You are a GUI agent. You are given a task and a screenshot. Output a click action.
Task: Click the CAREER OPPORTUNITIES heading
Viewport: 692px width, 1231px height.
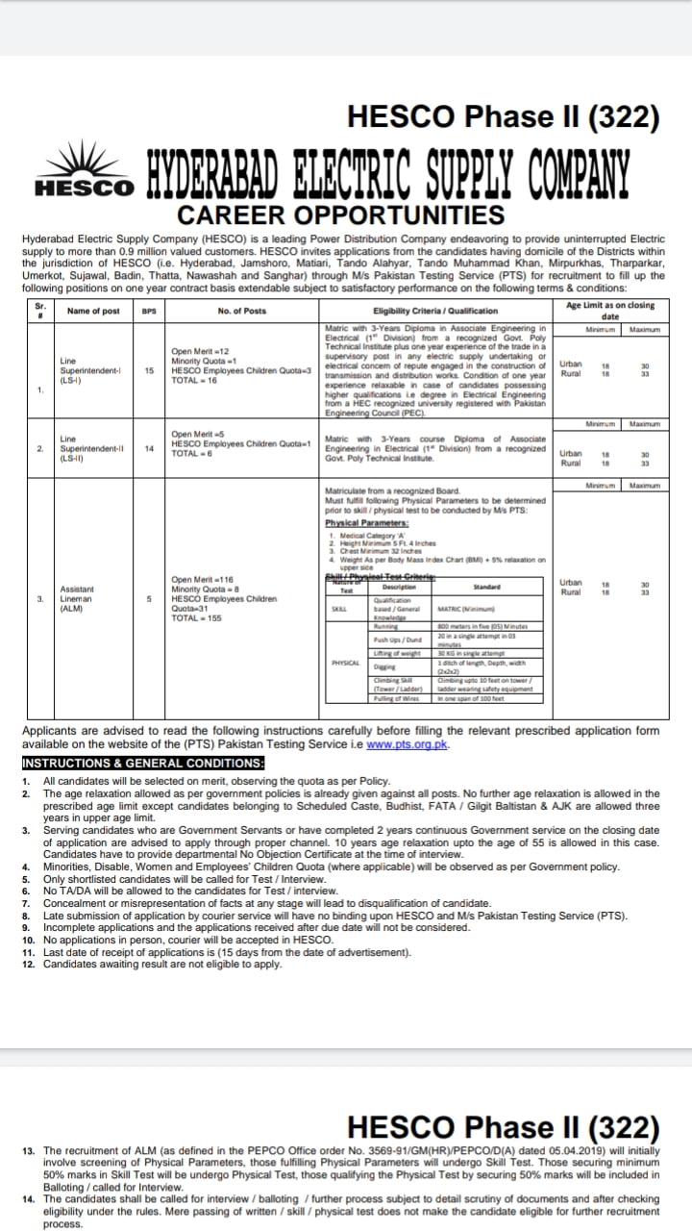click(341, 214)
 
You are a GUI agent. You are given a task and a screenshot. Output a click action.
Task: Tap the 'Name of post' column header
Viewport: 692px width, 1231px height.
click(93, 311)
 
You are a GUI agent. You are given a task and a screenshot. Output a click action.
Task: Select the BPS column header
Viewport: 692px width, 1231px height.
click(149, 311)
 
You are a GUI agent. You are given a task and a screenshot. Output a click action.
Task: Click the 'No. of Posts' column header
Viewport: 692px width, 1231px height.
click(242, 311)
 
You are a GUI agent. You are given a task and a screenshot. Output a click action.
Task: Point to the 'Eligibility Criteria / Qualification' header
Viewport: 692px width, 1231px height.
click(435, 311)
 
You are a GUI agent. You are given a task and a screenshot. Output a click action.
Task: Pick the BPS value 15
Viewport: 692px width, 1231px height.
click(150, 370)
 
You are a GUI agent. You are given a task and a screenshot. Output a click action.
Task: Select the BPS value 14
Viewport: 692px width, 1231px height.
click(150, 448)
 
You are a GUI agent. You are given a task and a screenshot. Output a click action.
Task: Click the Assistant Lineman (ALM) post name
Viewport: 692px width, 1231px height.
click(77, 598)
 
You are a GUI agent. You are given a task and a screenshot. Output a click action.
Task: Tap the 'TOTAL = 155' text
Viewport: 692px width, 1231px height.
click(196, 617)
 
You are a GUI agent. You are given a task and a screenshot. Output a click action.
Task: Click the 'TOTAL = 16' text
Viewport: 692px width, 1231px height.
click(194, 381)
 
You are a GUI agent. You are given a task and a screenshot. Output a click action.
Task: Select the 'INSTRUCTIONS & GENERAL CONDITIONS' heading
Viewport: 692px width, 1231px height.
click(143, 764)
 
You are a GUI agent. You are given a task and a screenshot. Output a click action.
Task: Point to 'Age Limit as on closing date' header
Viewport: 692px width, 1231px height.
click(610, 310)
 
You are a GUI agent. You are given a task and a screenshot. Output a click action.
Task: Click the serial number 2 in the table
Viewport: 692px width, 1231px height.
click(39, 448)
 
